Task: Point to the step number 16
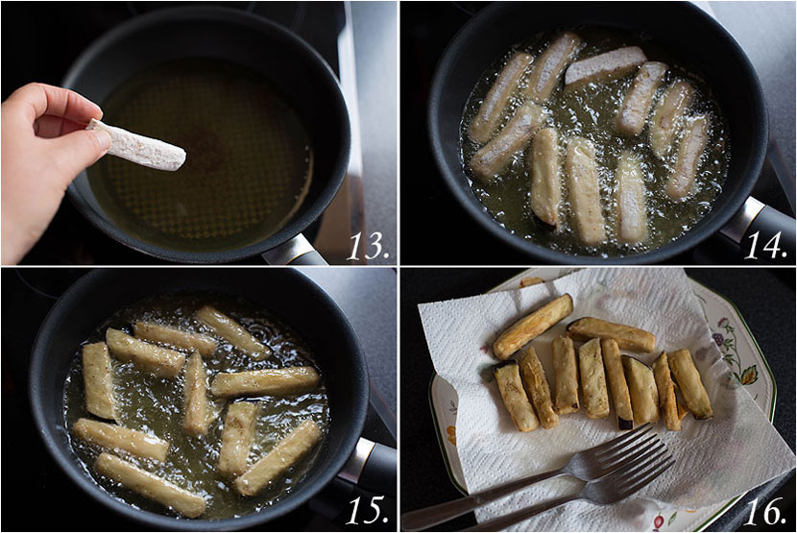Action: pos(767,511)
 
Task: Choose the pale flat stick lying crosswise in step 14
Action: pos(604,65)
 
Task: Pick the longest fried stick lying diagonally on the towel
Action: pos(533,327)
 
